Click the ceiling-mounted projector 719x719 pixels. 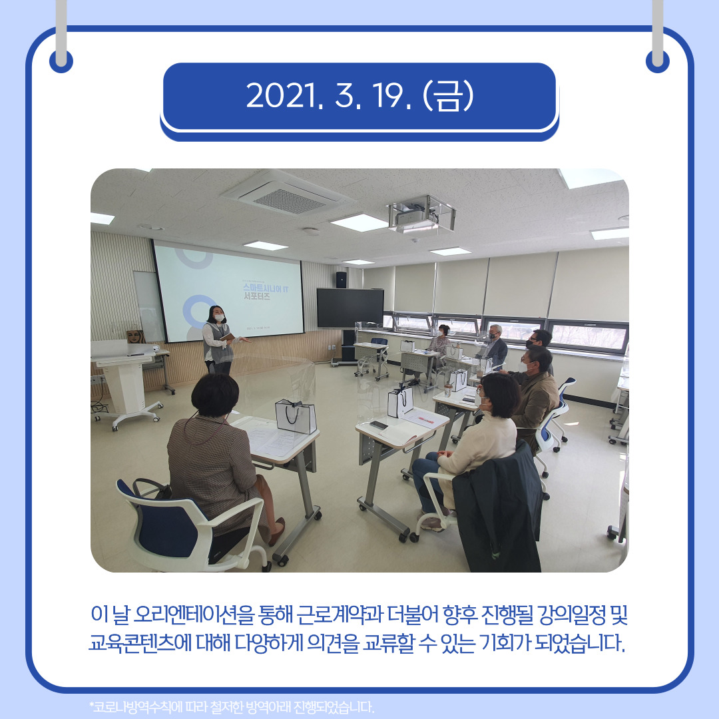pos(421,214)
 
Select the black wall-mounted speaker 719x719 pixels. pos(341,279)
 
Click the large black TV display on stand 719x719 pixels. pos(350,308)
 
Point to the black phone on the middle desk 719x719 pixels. pos(378,425)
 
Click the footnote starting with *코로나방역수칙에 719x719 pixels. pos(232,706)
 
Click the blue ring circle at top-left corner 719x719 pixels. pos(61,61)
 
